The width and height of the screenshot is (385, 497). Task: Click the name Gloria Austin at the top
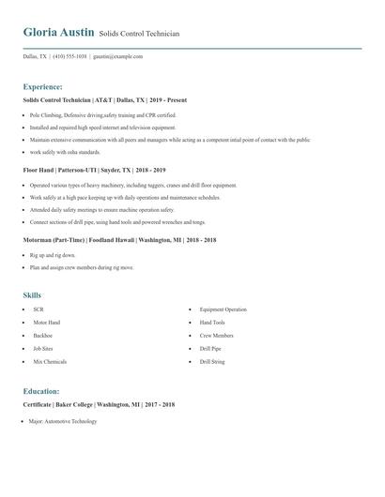(x=58, y=32)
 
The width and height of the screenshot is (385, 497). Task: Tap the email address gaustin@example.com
(x=117, y=56)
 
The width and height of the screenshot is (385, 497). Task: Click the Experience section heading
(x=42, y=86)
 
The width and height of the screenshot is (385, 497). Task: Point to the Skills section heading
(x=33, y=295)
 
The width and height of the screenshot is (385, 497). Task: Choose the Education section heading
(x=41, y=391)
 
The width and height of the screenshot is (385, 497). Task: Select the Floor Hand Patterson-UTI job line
(x=94, y=170)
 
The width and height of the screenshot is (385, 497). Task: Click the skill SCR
(x=38, y=309)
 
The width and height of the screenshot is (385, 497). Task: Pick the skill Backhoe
(x=43, y=335)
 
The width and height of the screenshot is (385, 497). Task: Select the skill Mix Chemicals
(x=50, y=361)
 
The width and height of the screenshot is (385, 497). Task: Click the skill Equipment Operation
(x=223, y=309)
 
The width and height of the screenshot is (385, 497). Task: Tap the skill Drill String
(x=212, y=361)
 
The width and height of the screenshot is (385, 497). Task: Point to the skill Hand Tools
(x=212, y=323)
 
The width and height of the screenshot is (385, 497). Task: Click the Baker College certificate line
(x=99, y=404)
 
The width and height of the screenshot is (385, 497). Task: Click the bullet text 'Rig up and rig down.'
(x=53, y=255)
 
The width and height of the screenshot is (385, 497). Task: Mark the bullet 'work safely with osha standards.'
(x=65, y=152)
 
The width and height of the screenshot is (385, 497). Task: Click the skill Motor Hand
(x=46, y=323)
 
